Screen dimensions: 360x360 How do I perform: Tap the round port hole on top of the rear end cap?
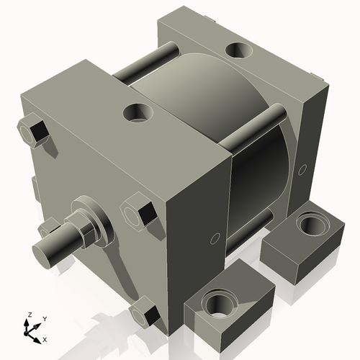tap(237, 51)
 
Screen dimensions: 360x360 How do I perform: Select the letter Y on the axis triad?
tap(44, 318)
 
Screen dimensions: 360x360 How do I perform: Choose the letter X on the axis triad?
tap(45, 338)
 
